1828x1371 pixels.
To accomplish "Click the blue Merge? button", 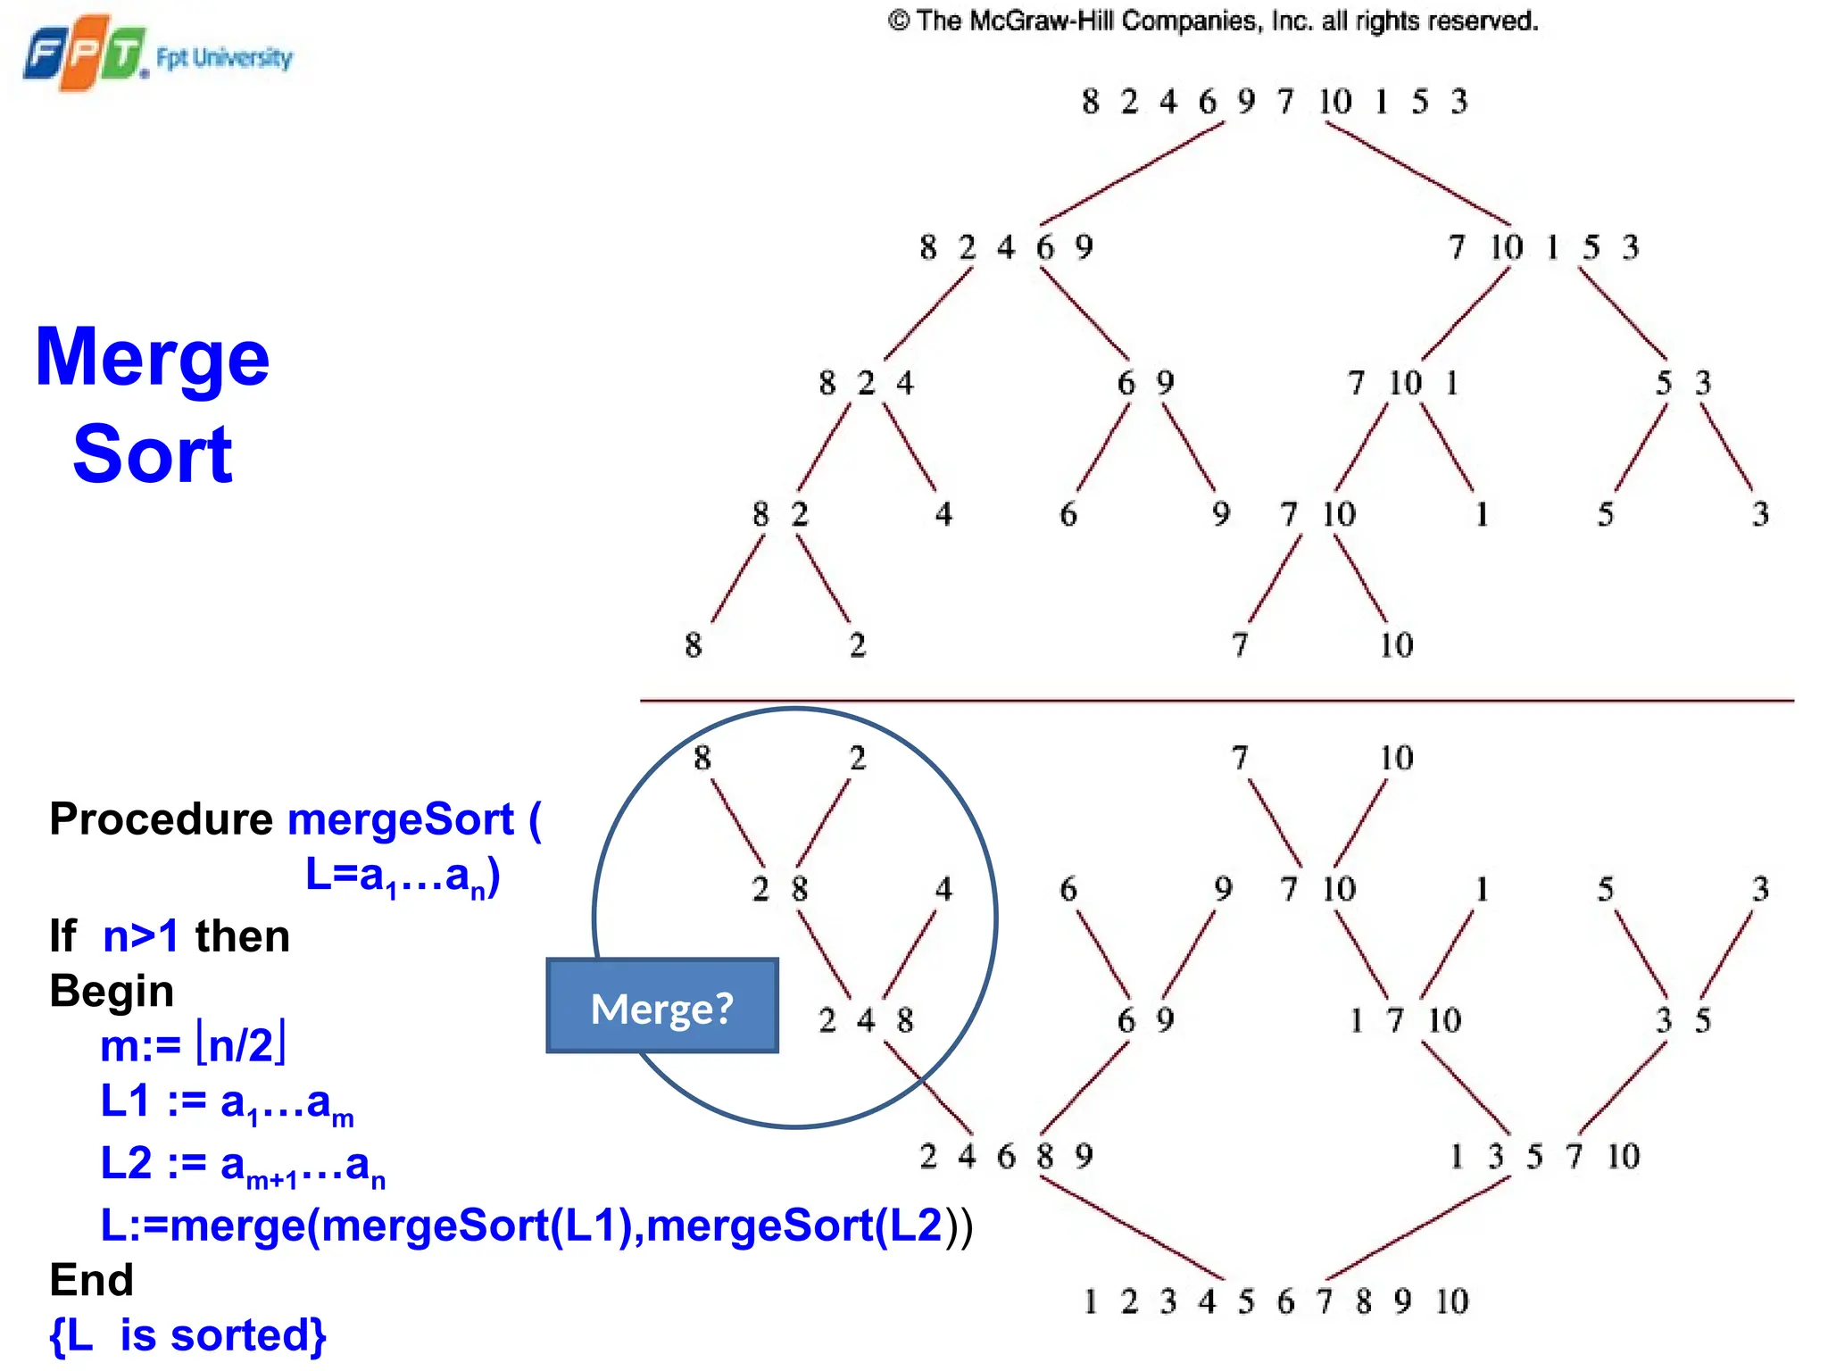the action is click(x=661, y=1006).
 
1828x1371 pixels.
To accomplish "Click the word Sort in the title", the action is click(x=153, y=454).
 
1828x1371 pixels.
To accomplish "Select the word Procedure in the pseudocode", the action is click(x=161, y=818).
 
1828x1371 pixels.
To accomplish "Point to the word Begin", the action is click(x=112, y=991).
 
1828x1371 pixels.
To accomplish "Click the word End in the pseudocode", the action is click(x=91, y=1279).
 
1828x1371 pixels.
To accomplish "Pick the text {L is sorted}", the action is click(x=188, y=1335).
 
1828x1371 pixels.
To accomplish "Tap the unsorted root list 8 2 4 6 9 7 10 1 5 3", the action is click(x=1274, y=101).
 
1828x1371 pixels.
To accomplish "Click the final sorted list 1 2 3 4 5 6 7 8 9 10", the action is click(x=1274, y=1301).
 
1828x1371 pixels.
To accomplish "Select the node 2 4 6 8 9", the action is click(x=1006, y=1156).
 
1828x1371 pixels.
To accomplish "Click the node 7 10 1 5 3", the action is click(x=1543, y=247).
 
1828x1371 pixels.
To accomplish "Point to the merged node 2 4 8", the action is click(x=866, y=1019).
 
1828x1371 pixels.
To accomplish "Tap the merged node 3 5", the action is click(x=1683, y=1019).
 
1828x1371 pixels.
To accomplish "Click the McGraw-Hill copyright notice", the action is click(x=1212, y=21).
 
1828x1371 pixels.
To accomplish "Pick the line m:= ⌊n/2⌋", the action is click(x=193, y=1044).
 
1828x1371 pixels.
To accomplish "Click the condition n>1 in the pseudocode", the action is click(x=141, y=936).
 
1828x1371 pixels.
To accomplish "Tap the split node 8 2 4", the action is click(x=866, y=383).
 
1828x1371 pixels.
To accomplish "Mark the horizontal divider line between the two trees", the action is click(x=1216, y=701).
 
